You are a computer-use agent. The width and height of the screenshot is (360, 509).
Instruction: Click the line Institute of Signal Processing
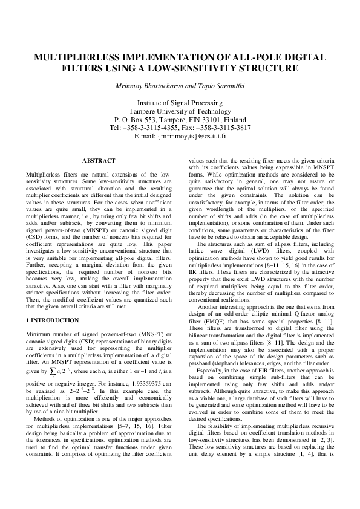tap(180, 103)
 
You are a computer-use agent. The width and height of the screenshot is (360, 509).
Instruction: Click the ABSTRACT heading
tap(98, 161)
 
